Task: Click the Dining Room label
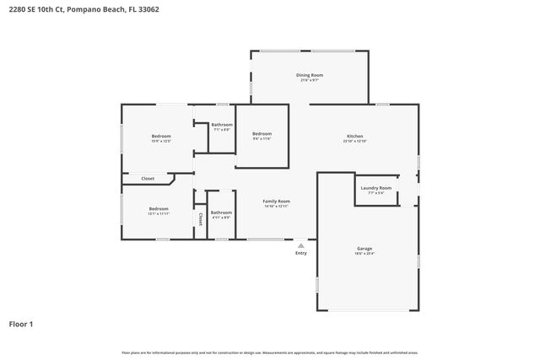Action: point(310,75)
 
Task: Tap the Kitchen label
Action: point(355,136)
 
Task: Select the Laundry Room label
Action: point(375,188)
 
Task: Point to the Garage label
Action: point(364,248)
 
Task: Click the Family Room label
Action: point(276,201)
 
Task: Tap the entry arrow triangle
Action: point(300,245)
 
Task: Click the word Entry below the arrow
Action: point(300,253)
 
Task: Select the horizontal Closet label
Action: point(148,179)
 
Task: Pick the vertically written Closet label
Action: point(200,219)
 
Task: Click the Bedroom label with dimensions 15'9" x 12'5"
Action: point(161,136)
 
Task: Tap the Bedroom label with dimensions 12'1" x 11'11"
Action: point(159,208)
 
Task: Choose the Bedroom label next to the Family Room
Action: point(262,133)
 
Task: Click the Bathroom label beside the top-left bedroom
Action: point(222,125)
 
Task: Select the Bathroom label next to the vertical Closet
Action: point(221,212)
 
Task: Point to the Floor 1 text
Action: point(21,324)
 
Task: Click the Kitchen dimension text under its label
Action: point(355,141)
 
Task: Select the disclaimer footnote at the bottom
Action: point(270,352)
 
